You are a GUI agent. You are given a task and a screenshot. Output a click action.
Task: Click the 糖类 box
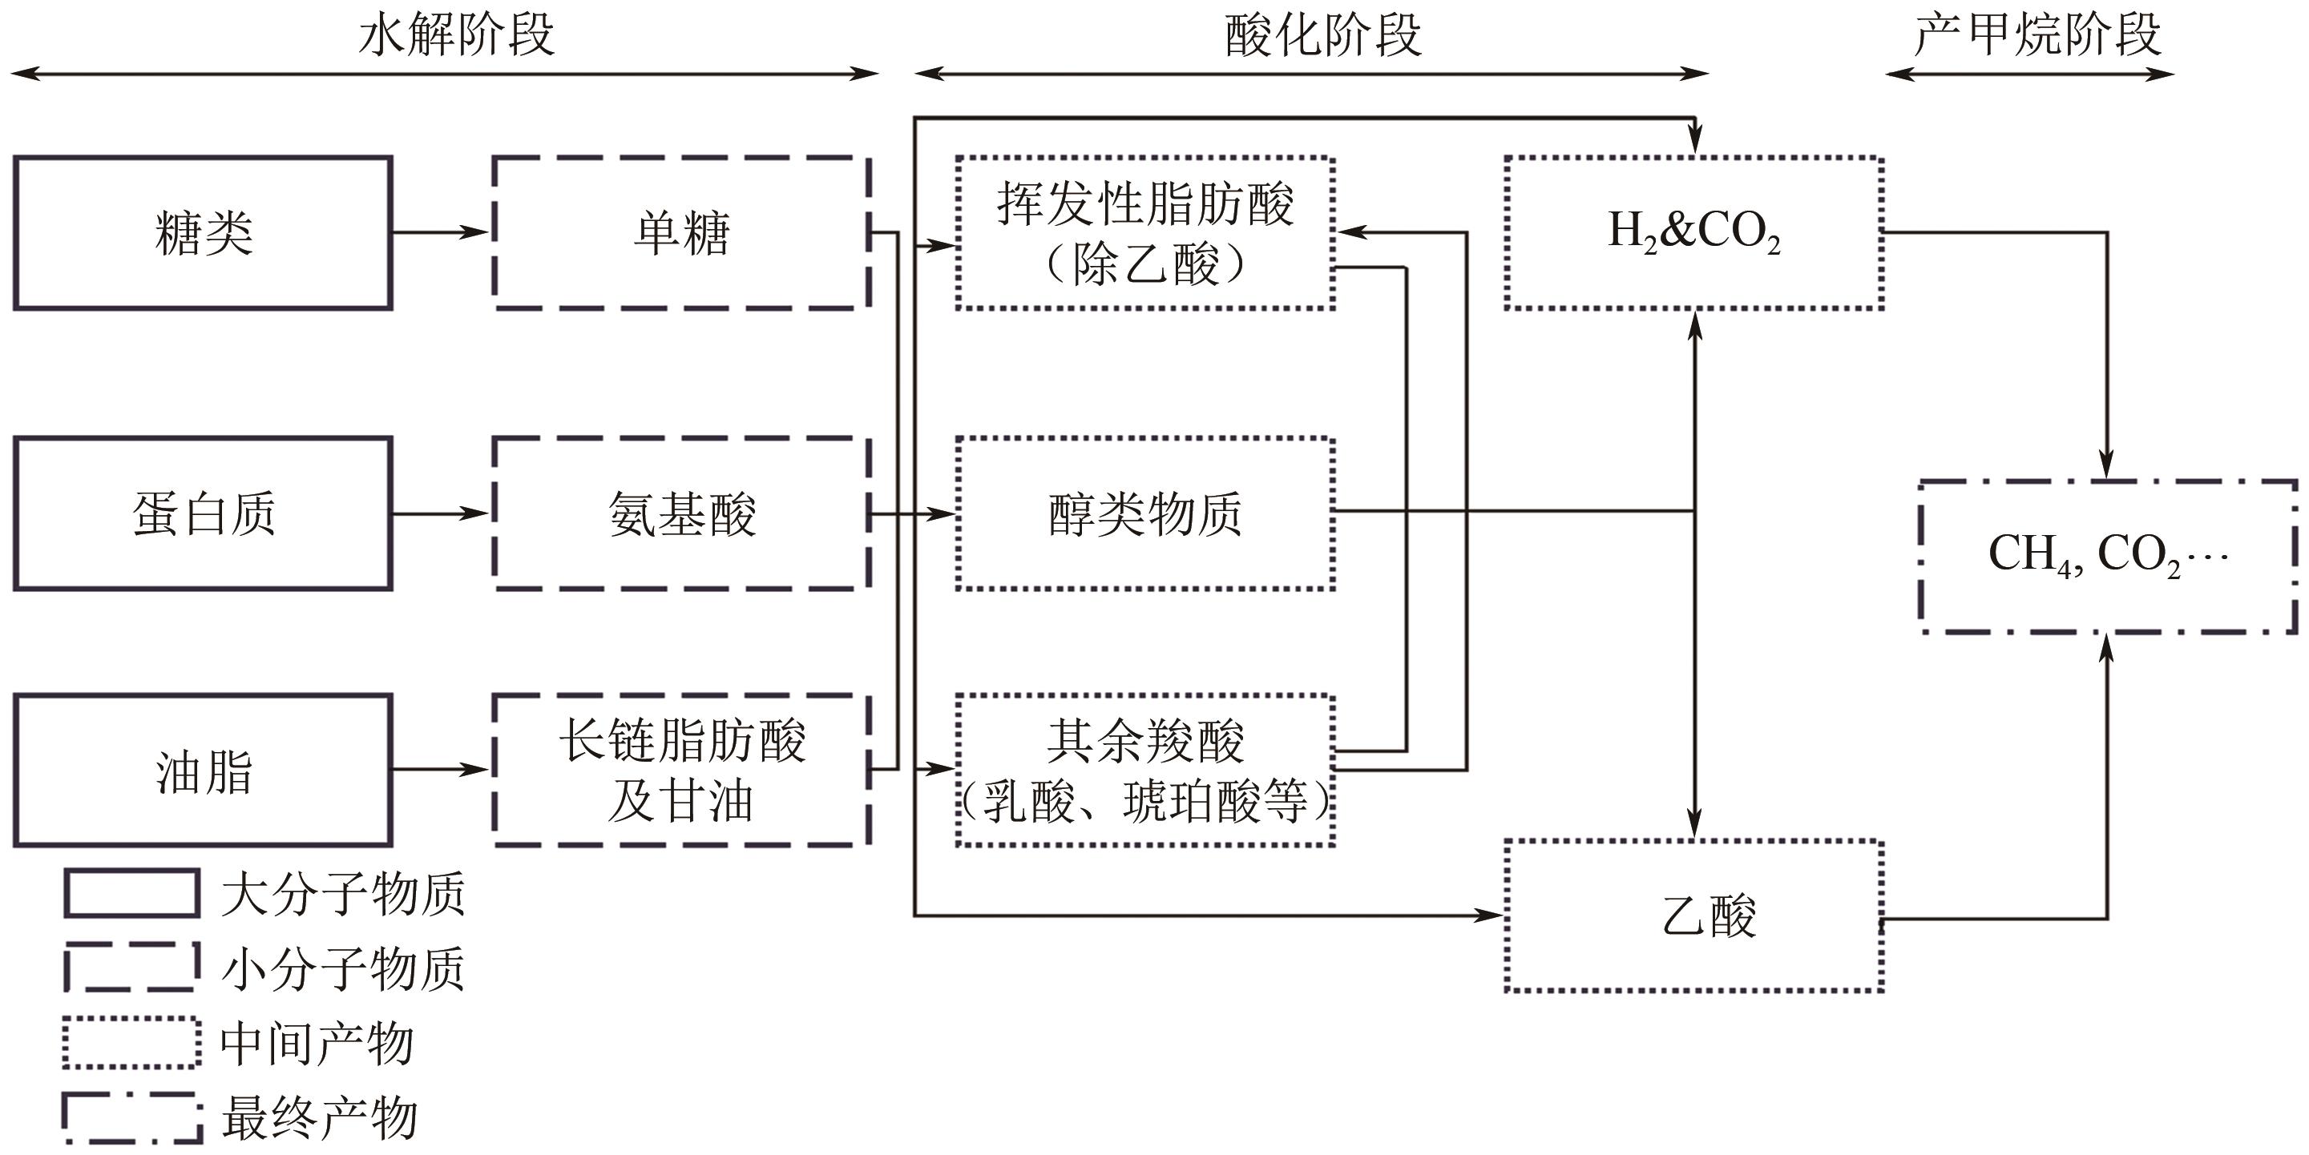tap(203, 233)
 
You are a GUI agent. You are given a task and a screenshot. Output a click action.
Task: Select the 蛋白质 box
tap(203, 513)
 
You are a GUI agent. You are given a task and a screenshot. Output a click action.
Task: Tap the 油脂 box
tap(203, 770)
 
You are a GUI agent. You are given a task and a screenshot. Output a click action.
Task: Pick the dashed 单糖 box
tap(681, 233)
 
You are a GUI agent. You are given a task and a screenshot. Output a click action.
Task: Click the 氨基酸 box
tap(681, 513)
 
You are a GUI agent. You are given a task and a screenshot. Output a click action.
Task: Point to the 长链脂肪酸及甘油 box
tap(681, 770)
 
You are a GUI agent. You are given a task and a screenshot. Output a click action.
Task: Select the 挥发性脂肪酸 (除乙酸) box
tap(1145, 233)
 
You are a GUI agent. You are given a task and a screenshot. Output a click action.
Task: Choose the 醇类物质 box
tap(1145, 513)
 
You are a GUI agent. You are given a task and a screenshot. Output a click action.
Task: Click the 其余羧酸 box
tap(1145, 770)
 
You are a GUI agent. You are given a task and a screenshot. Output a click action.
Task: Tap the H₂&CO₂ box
tap(1694, 233)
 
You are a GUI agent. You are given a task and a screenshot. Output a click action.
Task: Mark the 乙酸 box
tap(1694, 916)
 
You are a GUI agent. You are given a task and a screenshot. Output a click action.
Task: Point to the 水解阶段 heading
tap(456, 36)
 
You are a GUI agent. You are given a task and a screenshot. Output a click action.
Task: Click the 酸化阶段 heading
tap(1323, 36)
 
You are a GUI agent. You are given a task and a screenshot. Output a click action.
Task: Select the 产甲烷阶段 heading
tap(2037, 36)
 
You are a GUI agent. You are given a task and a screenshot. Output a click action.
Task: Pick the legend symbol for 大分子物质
tap(131, 893)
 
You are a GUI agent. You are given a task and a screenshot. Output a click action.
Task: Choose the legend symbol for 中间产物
tap(131, 1043)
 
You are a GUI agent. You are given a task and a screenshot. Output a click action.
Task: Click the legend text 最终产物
tap(319, 1118)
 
